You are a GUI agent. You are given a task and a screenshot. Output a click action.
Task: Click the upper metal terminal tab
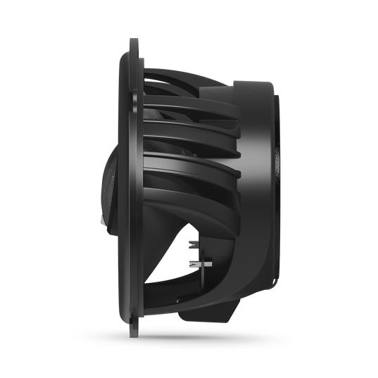(x=192, y=244)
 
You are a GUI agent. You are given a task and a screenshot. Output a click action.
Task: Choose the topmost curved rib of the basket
(x=183, y=74)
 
